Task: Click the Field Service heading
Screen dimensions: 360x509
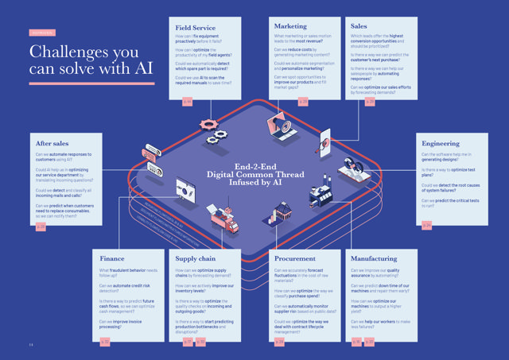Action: pos(196,26)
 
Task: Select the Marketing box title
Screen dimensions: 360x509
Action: pos(290,26)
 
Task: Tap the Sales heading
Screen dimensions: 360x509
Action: pos(359,26)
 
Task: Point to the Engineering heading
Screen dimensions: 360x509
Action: pos(442,143)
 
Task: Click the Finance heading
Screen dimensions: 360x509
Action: pos(112,258)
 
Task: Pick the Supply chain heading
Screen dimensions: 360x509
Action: pos(197,258)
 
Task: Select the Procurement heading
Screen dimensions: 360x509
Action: pos(294,258)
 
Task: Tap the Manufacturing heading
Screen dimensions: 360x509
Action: pos(374,258)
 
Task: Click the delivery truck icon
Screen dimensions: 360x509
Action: pos(223,219)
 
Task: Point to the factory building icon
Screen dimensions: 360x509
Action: pos(322,195)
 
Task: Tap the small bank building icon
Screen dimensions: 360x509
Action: pos(282,211)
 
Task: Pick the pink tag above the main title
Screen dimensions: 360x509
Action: pos(41,33)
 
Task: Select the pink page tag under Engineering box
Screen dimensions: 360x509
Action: pos(426,226)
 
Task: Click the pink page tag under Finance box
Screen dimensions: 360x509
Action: pos(105,341)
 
